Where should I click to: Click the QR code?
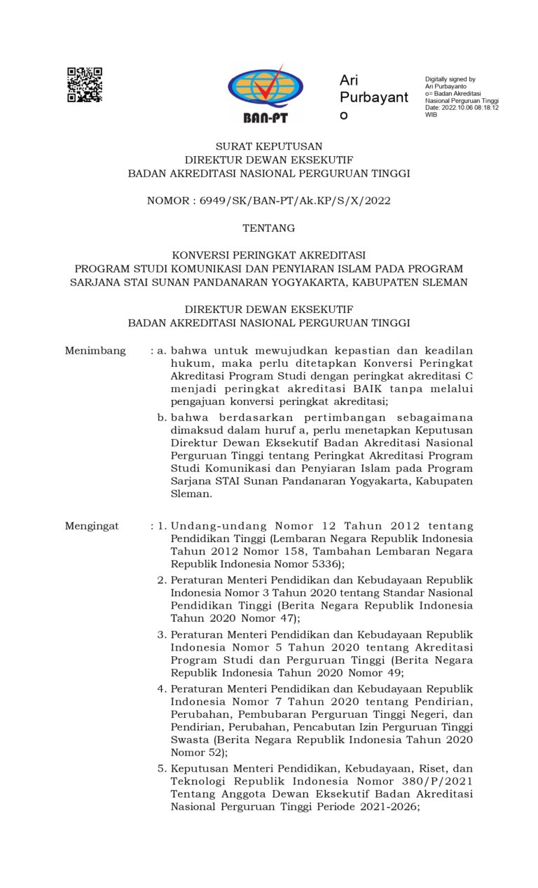click(85, 85)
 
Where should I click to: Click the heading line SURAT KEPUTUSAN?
click(268, 146)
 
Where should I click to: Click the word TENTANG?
click(268, 228)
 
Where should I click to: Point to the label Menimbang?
click(95, 351)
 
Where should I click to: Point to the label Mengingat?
click(92, 526)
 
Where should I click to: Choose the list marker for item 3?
click(162, 634)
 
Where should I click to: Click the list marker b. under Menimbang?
click(162, 418)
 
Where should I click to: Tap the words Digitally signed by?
click(450, 80)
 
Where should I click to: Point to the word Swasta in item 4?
click(191, 740)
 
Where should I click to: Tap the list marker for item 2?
click(162, 581)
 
